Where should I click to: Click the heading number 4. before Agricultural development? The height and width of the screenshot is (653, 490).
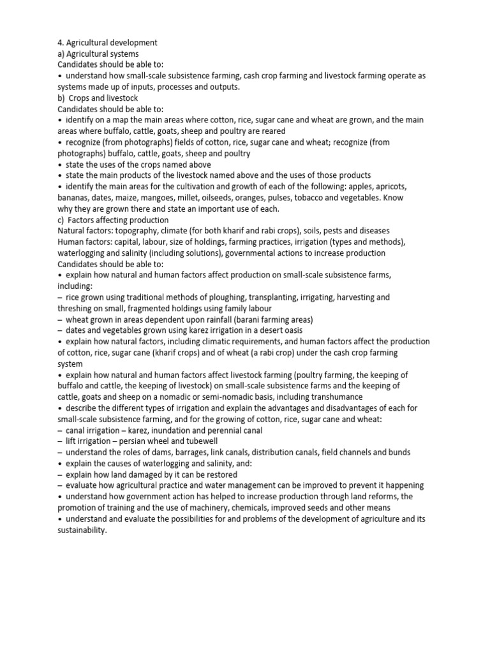tap(61, 43)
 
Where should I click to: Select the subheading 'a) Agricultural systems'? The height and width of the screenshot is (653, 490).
tap(98, 54)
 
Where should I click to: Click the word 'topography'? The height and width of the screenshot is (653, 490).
tap(138, 230)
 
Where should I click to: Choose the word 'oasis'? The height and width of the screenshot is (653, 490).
tap(290, 330)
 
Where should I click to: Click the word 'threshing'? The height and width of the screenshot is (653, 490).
tap(76, 308)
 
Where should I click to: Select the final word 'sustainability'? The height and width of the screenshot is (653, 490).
tap(81, 530)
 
